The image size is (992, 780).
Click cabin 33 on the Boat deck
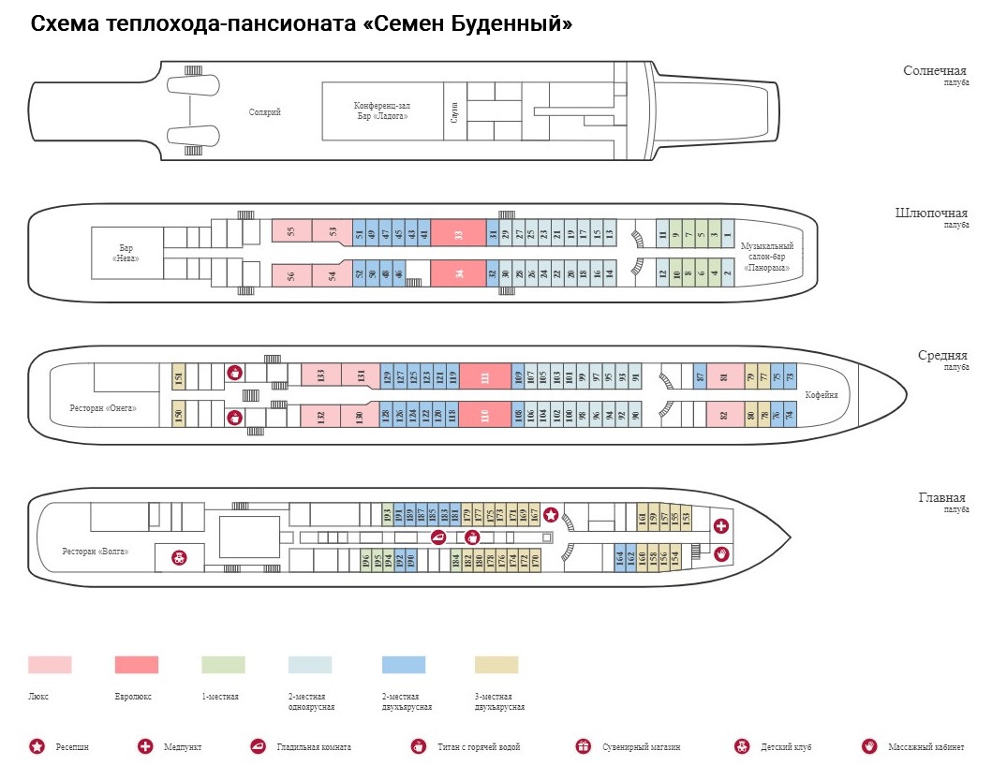point(458,234)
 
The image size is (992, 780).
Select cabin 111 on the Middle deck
point(484,377)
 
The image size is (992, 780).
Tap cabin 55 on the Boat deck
point(291,231)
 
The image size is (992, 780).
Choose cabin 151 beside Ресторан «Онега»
point(178,378)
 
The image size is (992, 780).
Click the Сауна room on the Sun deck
point(454,110)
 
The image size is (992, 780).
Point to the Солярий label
point(264,112)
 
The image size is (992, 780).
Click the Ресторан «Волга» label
point(96,551)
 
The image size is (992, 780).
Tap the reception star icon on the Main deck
point(552,514)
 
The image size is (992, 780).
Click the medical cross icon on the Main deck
point(721,525)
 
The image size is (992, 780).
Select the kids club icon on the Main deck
point(179,558)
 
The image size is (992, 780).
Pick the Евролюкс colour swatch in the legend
point(137,665)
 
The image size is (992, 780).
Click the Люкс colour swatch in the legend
point(50,665)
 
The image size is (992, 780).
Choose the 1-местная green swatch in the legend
point(223,665)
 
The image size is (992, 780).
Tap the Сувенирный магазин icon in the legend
point(584,747)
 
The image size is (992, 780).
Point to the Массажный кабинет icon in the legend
point(869,747)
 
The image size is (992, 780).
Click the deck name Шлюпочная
point(931,213)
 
